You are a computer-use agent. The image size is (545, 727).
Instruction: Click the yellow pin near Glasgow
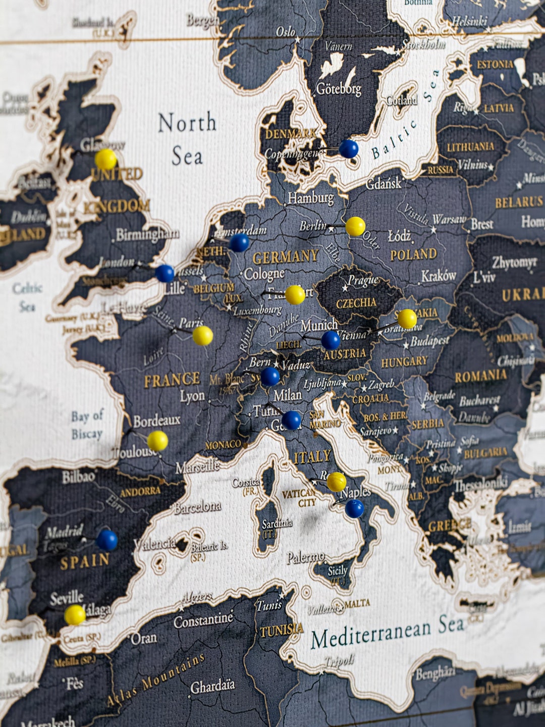point(106,159)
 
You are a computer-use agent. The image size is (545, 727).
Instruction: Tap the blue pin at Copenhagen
point(348,149)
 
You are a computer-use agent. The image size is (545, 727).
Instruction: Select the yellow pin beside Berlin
point(355,226)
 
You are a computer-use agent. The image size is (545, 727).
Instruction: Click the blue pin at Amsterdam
point(239,243)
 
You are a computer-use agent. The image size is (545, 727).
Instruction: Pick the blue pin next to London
point(165,273)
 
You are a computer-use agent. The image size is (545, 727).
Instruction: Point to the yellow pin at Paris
point(202,336)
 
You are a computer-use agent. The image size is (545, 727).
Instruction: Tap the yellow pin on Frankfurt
point(295,295)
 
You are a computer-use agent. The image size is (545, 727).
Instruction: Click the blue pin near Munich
point(331,340)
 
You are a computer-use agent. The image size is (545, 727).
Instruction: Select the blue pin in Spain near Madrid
point(107,540)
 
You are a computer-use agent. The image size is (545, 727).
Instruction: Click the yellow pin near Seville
point(75,615)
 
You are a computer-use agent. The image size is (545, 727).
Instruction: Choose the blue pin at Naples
point(354,508)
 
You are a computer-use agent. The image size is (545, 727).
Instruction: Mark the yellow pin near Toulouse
point(157,441)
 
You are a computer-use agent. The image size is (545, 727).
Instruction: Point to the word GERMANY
point(286,257)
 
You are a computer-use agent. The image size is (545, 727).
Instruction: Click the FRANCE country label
point(172,380)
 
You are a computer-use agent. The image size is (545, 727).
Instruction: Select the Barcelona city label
point(197,506)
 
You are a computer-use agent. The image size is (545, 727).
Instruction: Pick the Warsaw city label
point(449,220)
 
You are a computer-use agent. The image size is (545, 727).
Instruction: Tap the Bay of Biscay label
point(87,425)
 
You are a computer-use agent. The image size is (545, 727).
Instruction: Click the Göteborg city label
point(338,89)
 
